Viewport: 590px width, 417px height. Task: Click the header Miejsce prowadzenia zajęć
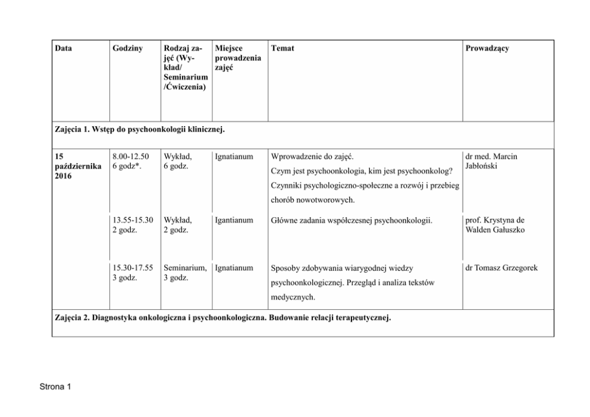pyautogui.click(x=238, y=58)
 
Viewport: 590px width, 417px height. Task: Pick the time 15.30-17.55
pyautogui.click(x=133, y=268)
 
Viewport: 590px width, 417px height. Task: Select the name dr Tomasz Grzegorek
pyautogui.click(x=502, y=268)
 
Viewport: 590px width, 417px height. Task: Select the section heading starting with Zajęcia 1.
pyautogui.click(x=139, y=128)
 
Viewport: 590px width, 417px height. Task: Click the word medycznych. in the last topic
pyautogui.click(x=293, y=297)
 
